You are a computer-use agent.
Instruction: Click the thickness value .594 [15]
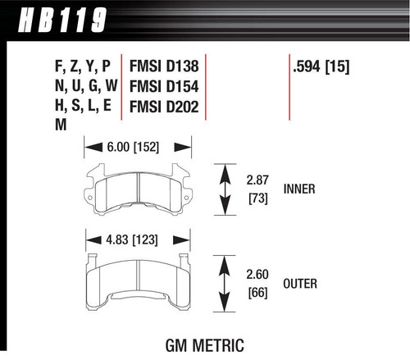pyautogui.click(x=321, y=66)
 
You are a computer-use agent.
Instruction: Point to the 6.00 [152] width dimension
pyautogui.click(x=130, y=148)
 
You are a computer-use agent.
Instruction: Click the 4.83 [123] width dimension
pyautogui.click(x=128, y=239)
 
